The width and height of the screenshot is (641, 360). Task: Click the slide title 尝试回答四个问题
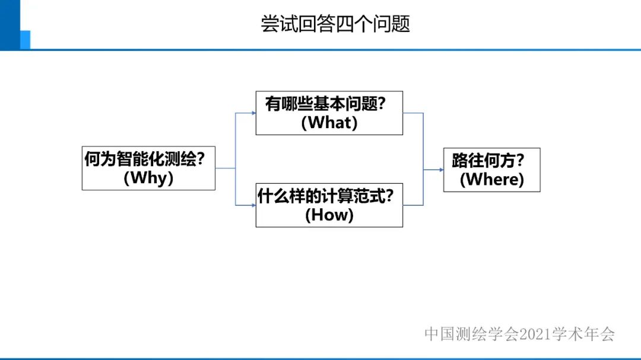click(x=335, y=24)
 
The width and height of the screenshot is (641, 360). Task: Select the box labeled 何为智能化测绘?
click(x=148, y=168)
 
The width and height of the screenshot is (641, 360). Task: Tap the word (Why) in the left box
click(x=148, y=178)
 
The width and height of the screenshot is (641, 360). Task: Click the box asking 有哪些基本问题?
click(x=329, y=113)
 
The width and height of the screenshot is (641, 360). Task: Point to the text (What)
click(x=329, y=123)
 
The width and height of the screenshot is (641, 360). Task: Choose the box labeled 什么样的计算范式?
click(x=329, y=205)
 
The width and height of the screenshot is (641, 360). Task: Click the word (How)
click(x=329, y=215)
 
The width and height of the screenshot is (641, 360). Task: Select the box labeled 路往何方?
click(x=491, y=170)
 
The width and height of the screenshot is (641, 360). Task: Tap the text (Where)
click(x=491, y=179)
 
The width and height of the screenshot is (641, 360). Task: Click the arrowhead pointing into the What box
click(x=252, y=113)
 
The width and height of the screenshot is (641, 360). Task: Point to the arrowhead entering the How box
click(x=252, y=205)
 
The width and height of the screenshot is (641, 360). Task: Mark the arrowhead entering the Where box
click(x=440, y=170)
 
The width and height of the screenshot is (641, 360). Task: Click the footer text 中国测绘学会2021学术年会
click(x=519, y=334)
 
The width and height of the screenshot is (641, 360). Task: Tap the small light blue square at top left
click(x=25, y=39)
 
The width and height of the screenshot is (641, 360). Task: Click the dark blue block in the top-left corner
click(x=10, y=24)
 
